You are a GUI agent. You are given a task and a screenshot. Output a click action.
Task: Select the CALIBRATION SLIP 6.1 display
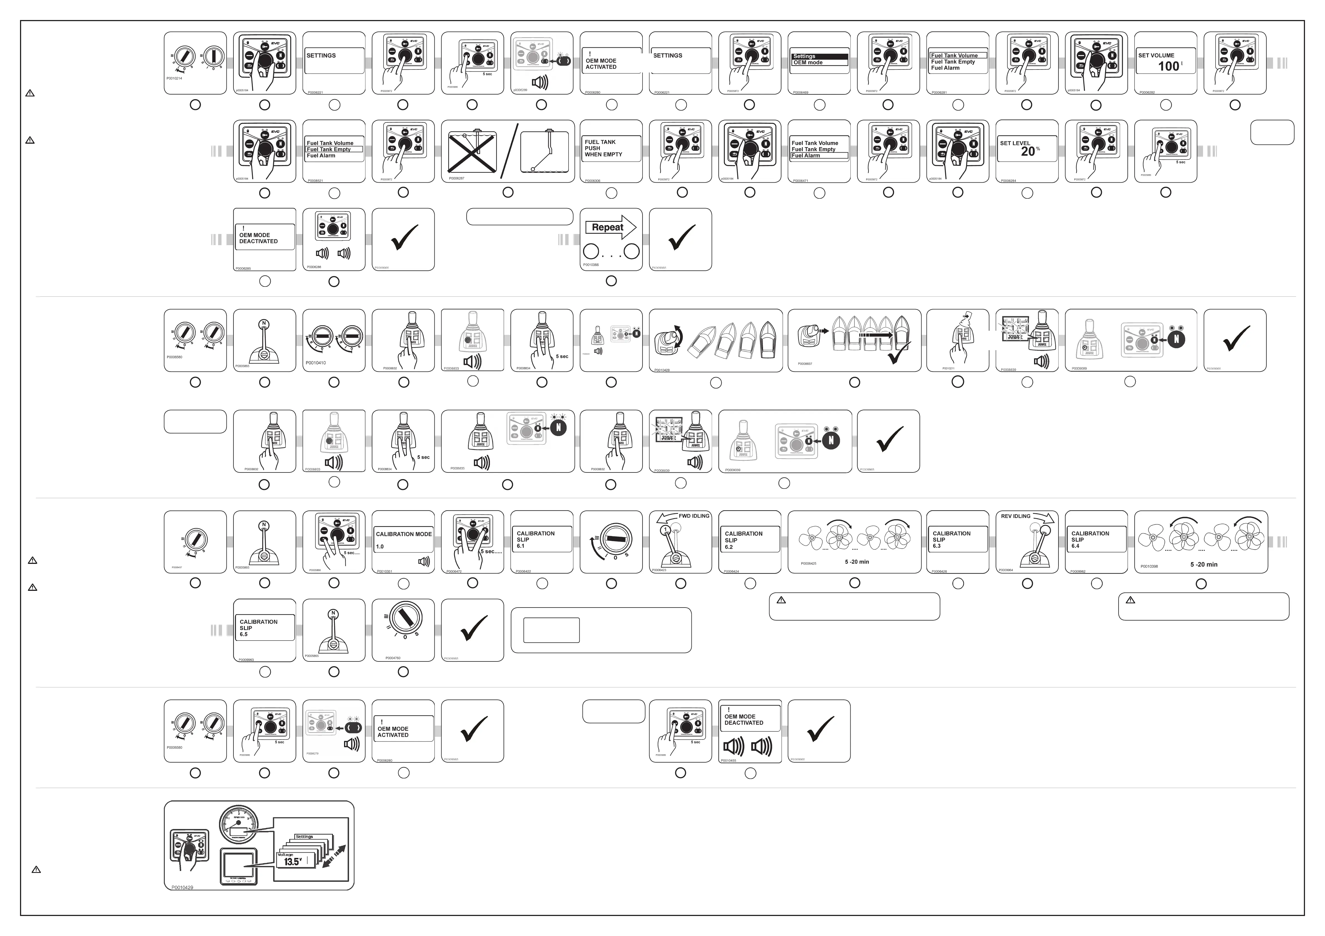click(541, 539)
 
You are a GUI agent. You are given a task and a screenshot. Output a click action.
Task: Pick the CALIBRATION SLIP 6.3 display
click(957, 539)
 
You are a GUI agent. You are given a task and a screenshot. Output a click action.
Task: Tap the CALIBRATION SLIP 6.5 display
click(264, 628)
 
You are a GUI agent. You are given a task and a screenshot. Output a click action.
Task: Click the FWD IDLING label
click(694, 516)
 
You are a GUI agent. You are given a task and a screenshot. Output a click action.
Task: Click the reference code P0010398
click(1149, 567)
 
